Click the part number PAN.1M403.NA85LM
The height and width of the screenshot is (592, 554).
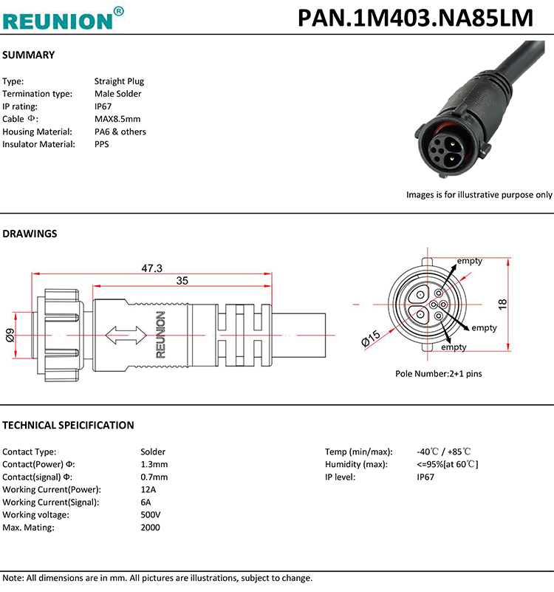coord(415,18)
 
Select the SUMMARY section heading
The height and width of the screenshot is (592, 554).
coord(29,55)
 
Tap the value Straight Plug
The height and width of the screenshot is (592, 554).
coord(119,81)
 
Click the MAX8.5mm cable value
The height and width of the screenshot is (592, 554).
coord(117,119)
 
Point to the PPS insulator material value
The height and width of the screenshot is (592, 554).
coord(101,144)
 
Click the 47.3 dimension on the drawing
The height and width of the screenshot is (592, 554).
coord(151,268)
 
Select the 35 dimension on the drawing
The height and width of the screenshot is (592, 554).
coord(182,282)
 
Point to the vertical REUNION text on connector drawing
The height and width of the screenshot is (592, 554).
coord(160,335)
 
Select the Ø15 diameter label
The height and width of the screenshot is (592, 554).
coord(371,338)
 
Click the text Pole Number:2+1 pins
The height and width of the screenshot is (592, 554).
coord(438,374)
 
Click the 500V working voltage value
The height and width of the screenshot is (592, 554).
coord(151,514)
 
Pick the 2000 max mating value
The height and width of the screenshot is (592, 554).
coord(150,527)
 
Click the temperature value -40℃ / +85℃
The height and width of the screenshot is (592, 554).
coord(444,452)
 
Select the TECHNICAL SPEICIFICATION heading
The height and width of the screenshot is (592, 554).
coord(68,425)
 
